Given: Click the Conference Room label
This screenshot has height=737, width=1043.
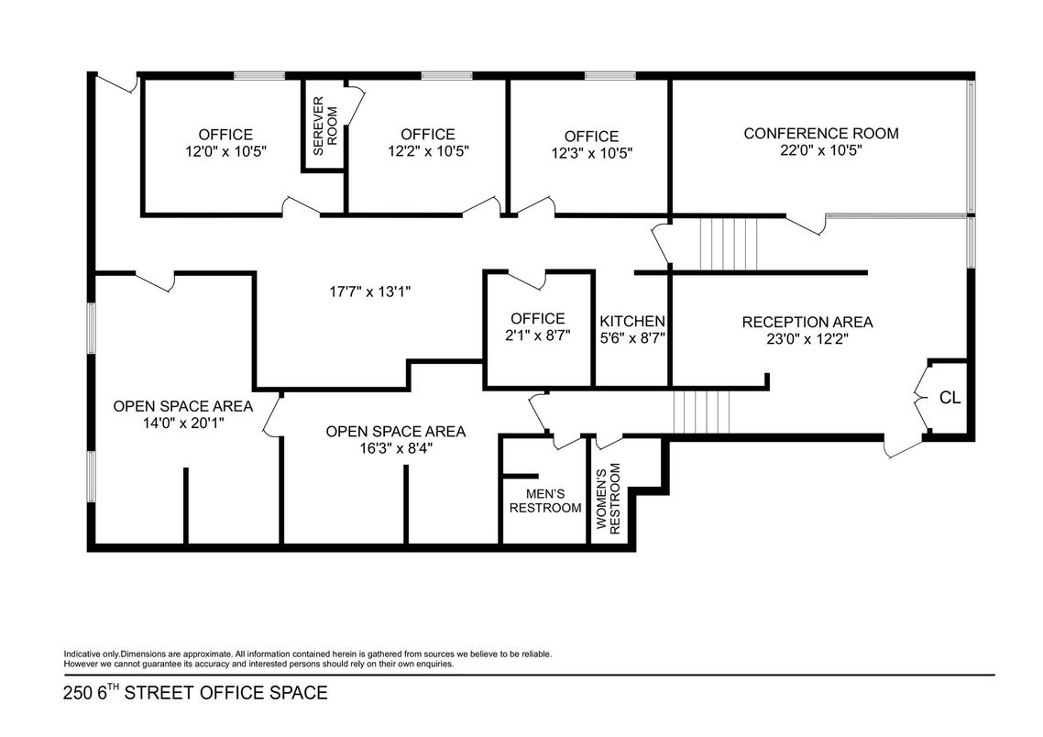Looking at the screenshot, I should pyautogui.click(x=820, y=134).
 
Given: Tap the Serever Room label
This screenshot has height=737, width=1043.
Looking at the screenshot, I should pyautogui.click(x=325, y=125).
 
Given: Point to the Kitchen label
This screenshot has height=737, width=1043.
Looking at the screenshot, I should pyautogui.click(x=632, y=322).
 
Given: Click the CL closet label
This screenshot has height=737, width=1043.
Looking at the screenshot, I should pyautogui.click(x=950, y=398).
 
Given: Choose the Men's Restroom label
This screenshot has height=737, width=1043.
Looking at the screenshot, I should pyautogui.click(x=545, y=500).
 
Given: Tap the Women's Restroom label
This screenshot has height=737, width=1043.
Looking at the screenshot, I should pyautogui.click(x=609, y=499).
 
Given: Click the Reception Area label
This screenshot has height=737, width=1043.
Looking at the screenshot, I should pyautogui.click(x=807, y=323).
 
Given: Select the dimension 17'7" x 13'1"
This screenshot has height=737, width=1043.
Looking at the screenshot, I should pyautogui.click(x=369, y=291).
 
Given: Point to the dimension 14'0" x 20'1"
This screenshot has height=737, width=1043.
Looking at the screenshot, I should pyautogui.click(x=182, y=423).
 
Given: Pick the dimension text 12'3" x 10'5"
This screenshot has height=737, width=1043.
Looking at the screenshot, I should pyautogui.click(x=591, y=153).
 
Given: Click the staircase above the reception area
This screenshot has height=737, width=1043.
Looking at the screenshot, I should pyautogui.click(x=730, y=244).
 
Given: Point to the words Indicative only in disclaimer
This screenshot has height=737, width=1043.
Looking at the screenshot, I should pyautogui.click(x=91, y=654).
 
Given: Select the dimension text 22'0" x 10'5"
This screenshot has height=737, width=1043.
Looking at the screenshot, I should pyautogui.click(x=820, y=151).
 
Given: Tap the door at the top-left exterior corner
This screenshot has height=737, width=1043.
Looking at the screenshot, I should pyautogui.click(x=117, y=84).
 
